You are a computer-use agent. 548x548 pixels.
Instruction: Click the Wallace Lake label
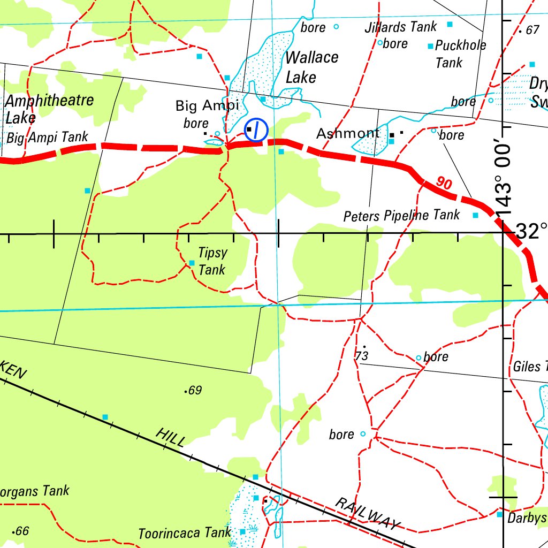click(x=311, y=67)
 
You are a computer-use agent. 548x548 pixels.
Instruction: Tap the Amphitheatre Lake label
click(x=49, y=109)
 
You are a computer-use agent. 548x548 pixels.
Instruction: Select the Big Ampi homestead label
click(x=207, y=106)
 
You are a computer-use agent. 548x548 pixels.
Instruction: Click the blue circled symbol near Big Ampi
click(x=256, y=130)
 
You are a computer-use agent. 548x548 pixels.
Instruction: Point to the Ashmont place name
click(x=348, y=133)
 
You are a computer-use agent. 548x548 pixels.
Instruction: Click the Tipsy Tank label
click(x=212, y=261)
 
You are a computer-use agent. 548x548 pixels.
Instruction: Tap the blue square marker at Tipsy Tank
click(x=192, y=263)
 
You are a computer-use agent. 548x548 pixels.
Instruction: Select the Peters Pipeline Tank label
click(x=401, y=216)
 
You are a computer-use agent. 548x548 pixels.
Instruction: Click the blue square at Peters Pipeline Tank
click(x=475, y=215)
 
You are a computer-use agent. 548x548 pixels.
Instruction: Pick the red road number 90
click(x=444, y=183)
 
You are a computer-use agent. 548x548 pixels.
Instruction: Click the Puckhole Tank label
click(x=460, y=54)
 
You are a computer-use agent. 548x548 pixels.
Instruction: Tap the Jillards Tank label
click(x=401, y=27)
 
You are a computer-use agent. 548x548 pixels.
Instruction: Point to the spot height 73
click(x=362, y=355)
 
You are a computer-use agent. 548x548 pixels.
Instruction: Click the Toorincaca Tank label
click(x=185, y=533)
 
